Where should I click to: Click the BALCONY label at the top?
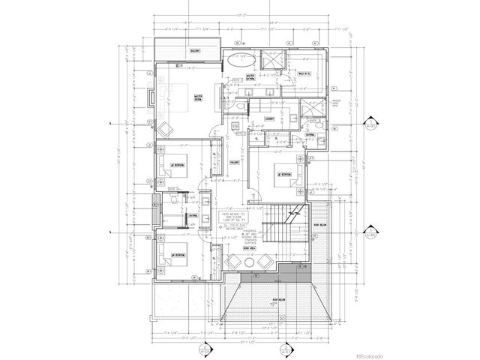173,50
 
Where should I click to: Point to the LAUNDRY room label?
268,118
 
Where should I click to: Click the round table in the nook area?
249,262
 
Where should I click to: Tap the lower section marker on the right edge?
370,234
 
